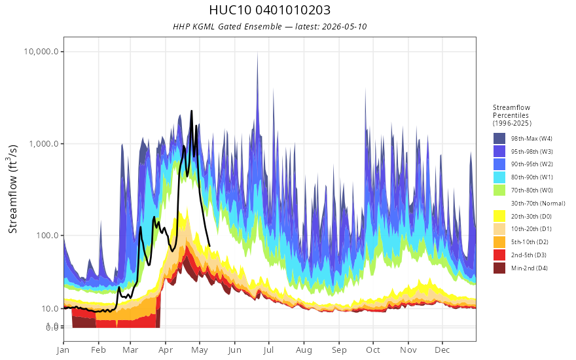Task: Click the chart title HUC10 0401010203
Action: pos(270,10)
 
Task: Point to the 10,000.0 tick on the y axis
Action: pos(41,52)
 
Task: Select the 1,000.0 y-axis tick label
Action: pos(44,143)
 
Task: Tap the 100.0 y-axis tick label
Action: pos(47,235)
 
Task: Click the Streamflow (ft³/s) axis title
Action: pos(12,189)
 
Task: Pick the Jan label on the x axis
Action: pos(63,350)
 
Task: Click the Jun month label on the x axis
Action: pos(234,350)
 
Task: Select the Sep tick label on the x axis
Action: pos(338,350)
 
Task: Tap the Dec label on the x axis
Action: pos(442,350)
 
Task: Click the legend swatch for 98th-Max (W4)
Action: pos(499,139)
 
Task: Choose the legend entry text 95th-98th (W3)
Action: pos(532,152)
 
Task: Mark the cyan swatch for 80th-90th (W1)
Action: pos(499,177)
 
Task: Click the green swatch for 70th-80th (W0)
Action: pos(499,190)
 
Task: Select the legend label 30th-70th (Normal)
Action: pos(538,204)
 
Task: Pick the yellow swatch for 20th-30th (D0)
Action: pos(499,217)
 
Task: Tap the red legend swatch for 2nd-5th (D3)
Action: pos(499,255)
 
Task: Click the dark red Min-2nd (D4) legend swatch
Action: pos(499,268)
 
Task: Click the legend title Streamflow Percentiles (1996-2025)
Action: pos(512,115)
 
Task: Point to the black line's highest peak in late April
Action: pos(191,111)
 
